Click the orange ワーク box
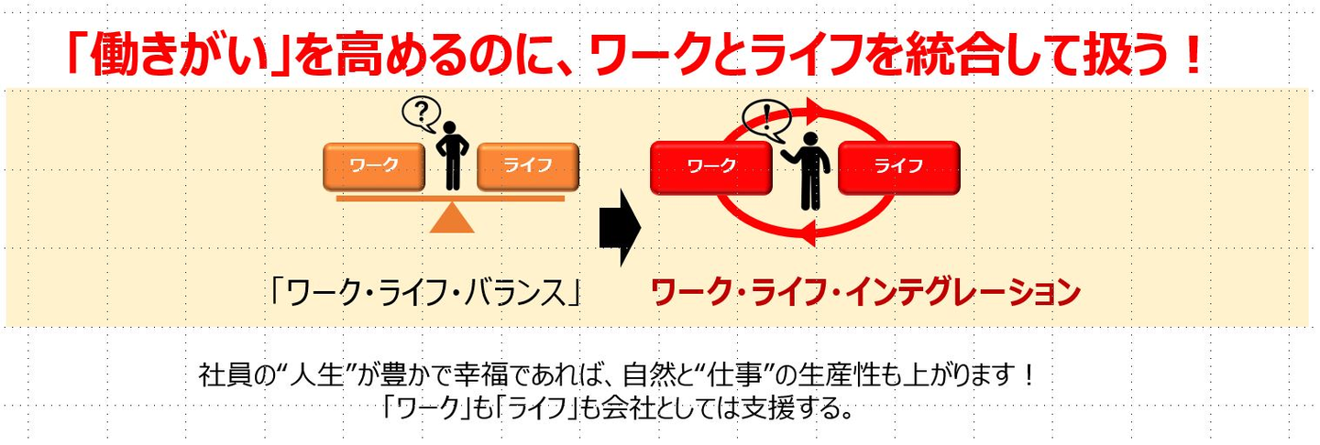[375, 166]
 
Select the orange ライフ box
[528, 166]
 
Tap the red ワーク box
[711, 167]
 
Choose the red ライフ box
[898, 167]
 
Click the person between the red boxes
[807, 168]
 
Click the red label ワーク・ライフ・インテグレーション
[865, 292]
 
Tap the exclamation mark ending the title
[1192, 57]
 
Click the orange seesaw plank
[451, 197]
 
